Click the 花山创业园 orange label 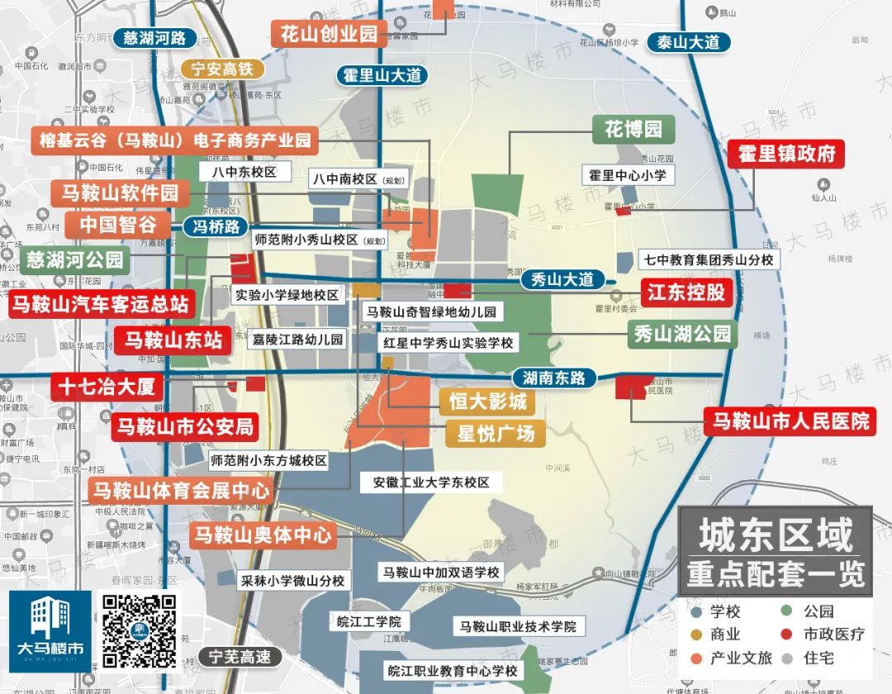coord(329,34)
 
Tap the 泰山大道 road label coord(689,42)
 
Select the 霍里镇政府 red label coord(786,154)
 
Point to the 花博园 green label coord(633,130)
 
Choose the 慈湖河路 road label coord(154,38)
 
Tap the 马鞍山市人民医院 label coord(790,421)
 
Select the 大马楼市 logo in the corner coord(50,632)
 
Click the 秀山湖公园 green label coord(682,334)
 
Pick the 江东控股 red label coord(686,292)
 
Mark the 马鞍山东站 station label coord(173,340)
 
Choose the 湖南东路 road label coord(554,378)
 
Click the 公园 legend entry coord(818,611)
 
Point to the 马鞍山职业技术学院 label coord(518,626)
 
